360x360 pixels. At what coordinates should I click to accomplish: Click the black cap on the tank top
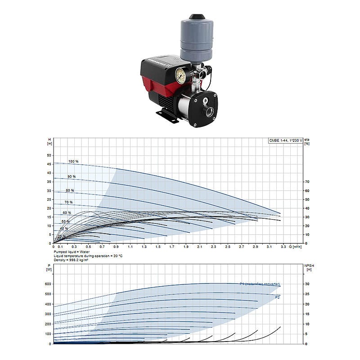pos(196,17)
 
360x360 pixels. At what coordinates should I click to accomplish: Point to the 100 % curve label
pos(73,161)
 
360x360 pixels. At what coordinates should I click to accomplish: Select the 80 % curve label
pos(70,190)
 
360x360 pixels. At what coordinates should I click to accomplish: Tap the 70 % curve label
pos(68,202)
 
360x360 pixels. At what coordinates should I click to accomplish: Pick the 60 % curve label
pos(67,212)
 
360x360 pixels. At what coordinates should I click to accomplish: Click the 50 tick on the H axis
pos(49,155)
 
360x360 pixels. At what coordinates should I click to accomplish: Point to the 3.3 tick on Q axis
pos(283,247)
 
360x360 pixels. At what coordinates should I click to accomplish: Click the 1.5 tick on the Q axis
pos(158,247)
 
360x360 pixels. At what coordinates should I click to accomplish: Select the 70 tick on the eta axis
pos(307,182)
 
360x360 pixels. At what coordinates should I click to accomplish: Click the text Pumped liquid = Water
pos(72,252)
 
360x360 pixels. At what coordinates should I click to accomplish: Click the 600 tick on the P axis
pos(49,284)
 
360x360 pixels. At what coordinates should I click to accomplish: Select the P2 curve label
pos(278,297)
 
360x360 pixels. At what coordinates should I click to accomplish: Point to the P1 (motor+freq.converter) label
pos(260,284)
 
